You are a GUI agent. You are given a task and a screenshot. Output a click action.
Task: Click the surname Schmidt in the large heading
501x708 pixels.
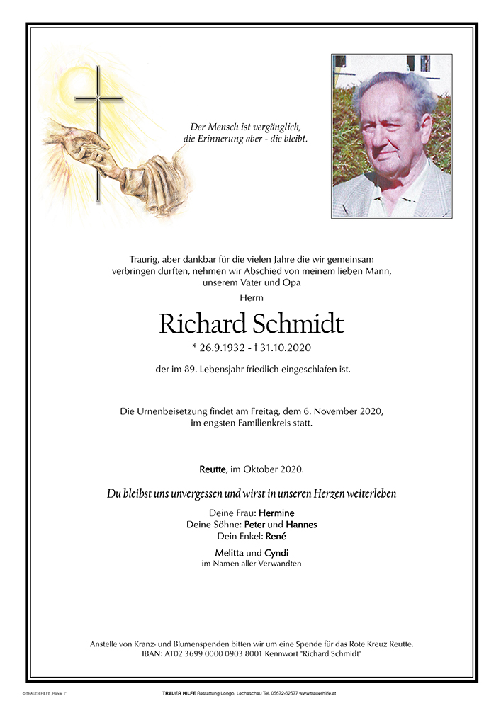pos(298,324)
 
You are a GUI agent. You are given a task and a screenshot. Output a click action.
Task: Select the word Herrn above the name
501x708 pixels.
pos(251,297)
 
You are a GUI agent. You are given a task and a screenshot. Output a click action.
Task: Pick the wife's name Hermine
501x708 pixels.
pos(276,513)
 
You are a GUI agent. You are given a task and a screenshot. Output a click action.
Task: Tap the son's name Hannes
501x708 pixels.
pos(301,525)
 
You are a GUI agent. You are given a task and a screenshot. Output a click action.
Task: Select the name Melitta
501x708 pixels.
pos(229,552)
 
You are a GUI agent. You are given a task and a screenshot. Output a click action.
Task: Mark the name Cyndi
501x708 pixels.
pos(276,552)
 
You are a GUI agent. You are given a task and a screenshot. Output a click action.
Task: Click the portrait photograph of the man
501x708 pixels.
pos(391,136)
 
